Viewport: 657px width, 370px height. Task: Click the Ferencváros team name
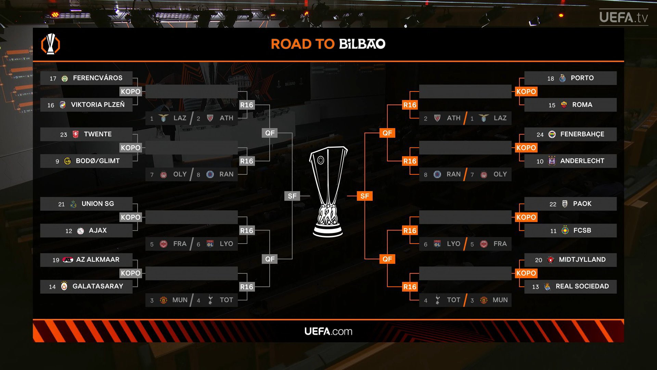[x=98, y=78]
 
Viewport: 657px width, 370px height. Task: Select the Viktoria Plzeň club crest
[x=62, y=105]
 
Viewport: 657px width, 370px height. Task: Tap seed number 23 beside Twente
[x=64, y=135]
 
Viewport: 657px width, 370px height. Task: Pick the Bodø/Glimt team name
[x=98, y=161]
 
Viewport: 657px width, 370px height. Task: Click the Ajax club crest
[x=80, y=231]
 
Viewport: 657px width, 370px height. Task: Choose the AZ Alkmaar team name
[x=98, y=260]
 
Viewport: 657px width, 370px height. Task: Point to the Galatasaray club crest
[x=64, y=286]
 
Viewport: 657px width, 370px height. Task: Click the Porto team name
[x=582, y=78]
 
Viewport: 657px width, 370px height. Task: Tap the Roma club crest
[x=564, y=105]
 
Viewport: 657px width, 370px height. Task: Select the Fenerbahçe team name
[x=582, y=134]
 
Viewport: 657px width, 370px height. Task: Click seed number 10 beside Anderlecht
[x=540, y=161]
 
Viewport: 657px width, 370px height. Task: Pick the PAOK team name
[x=582, y=204]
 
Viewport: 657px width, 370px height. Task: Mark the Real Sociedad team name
[x=582, y=286]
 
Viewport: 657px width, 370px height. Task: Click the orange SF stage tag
[x=365, y=196]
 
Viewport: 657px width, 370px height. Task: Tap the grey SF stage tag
[x=292, y=196]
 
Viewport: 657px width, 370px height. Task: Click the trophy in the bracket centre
[x=328, y=192]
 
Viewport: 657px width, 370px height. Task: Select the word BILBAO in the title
[x=362, y=44]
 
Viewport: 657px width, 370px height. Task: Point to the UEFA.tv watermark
[x=623, y=17]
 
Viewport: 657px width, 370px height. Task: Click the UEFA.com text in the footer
[x=328, y=331]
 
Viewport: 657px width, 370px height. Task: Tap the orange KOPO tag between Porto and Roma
[x=526, y=91]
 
